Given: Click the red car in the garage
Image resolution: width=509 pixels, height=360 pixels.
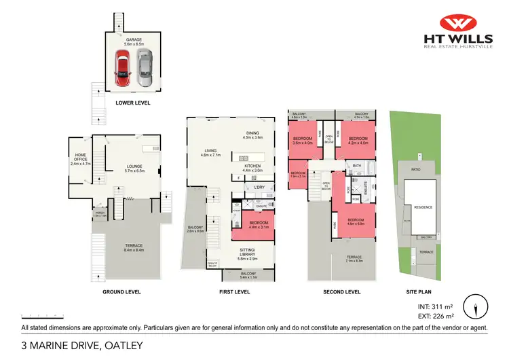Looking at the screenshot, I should (x=123, y=69).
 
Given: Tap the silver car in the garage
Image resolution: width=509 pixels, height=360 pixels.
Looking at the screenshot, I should (x=143, y=69).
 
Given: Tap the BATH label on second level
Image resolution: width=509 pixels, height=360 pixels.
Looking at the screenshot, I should (x=356, y=166).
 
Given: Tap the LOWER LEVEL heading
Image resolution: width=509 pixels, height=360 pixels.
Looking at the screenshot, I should (x=132, y=103).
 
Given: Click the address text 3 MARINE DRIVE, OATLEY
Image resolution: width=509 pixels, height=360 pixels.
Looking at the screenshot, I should (x=82, y=346).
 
